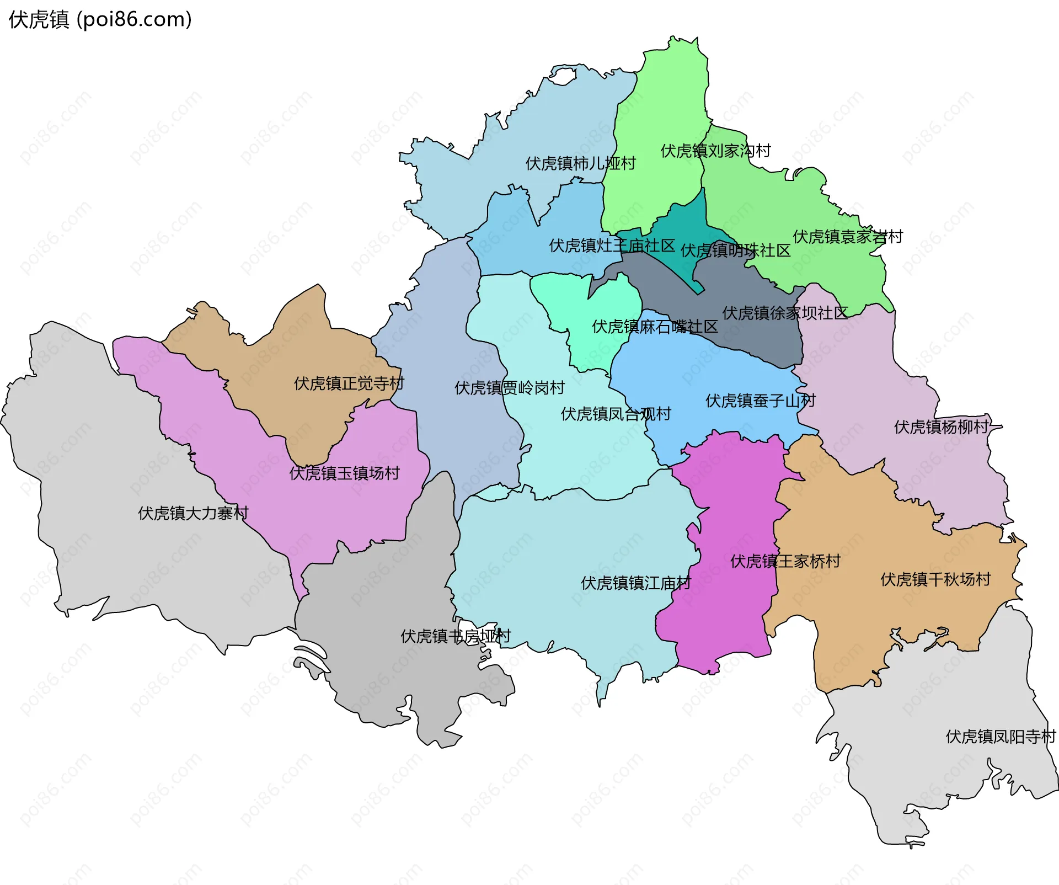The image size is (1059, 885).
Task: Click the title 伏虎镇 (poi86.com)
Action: click(100, 19)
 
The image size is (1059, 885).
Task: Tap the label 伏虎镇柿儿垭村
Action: click(580, 163)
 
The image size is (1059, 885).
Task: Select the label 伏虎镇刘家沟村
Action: click(715, 151)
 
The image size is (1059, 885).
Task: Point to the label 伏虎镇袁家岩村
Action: click(848, 237)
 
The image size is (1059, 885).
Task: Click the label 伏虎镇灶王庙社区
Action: click(612, 246)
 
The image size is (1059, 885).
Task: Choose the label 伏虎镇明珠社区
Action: click(735, 250)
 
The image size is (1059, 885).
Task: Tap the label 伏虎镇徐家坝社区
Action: click(785, 313)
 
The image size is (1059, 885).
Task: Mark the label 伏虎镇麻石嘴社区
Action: click(655, 327)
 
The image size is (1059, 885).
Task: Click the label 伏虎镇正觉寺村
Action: click(349, 383)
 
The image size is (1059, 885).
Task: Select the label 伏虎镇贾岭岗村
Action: click(509, 388)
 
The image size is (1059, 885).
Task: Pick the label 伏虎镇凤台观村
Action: click(616, 414)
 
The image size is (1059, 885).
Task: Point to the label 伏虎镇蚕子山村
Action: click(760, 401)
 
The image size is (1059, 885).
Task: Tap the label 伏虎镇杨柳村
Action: click(941, 426)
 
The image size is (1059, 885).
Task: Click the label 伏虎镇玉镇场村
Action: click(344, 473)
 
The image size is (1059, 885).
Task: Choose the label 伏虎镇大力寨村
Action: click(193, 513)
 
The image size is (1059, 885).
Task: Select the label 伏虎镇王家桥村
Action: click(785, 561)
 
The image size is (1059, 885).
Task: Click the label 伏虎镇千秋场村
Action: click(935, 579)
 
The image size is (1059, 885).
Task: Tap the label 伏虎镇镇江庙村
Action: click(635, 583)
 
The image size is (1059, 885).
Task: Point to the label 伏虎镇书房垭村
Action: click(456, 636)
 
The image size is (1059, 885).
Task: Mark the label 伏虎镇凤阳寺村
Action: click(1000, 737)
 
